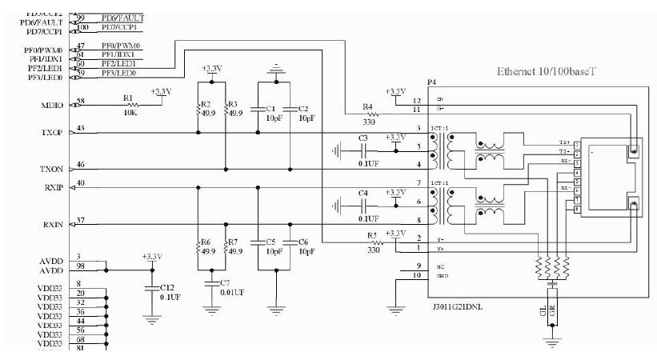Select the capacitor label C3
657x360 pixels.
click(x=363, y=138)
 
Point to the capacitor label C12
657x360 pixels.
click(x=166, y=286)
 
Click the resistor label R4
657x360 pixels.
click(x=367, y=106)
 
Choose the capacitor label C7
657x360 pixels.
click(x=225, y=282)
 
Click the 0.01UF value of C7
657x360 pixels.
click(x=231, y=292)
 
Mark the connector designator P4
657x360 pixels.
click(x=432, y=82)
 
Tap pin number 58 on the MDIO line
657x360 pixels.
click(x=81, y=102)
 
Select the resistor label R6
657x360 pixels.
click(x=205, y=241)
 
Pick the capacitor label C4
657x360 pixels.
click(x=363, y=193)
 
